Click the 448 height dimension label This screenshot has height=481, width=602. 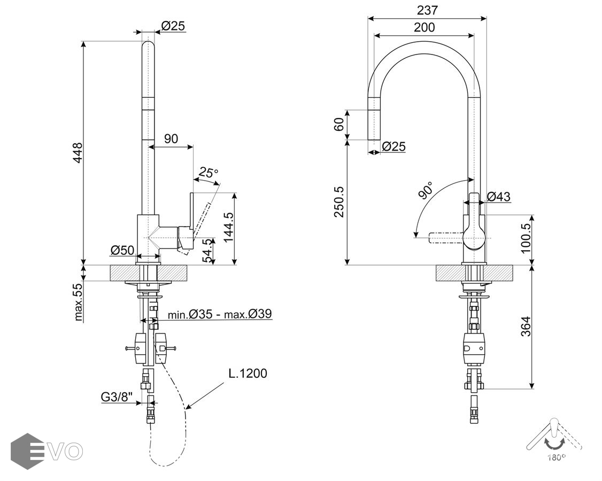(78, 153)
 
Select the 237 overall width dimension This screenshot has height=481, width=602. (427, 10)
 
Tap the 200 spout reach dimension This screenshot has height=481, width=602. (424, 27)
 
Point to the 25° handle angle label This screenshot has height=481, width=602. (209, 173)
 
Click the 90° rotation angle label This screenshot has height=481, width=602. (426, 190)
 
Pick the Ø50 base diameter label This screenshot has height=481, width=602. (122, 250)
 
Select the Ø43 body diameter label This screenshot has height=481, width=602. (498, 197)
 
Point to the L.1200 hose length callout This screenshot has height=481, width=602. (248, 373)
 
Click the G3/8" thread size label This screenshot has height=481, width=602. (117, 397)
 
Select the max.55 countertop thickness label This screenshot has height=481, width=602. (79, 301)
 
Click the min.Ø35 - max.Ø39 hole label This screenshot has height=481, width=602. (220, 314)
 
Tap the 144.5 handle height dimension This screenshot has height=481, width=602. (228, 228)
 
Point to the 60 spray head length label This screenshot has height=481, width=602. (339, 125)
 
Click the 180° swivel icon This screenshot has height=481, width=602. (554, 438)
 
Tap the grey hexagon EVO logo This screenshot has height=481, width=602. (27, 451)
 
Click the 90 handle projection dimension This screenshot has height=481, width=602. (171, 139)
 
